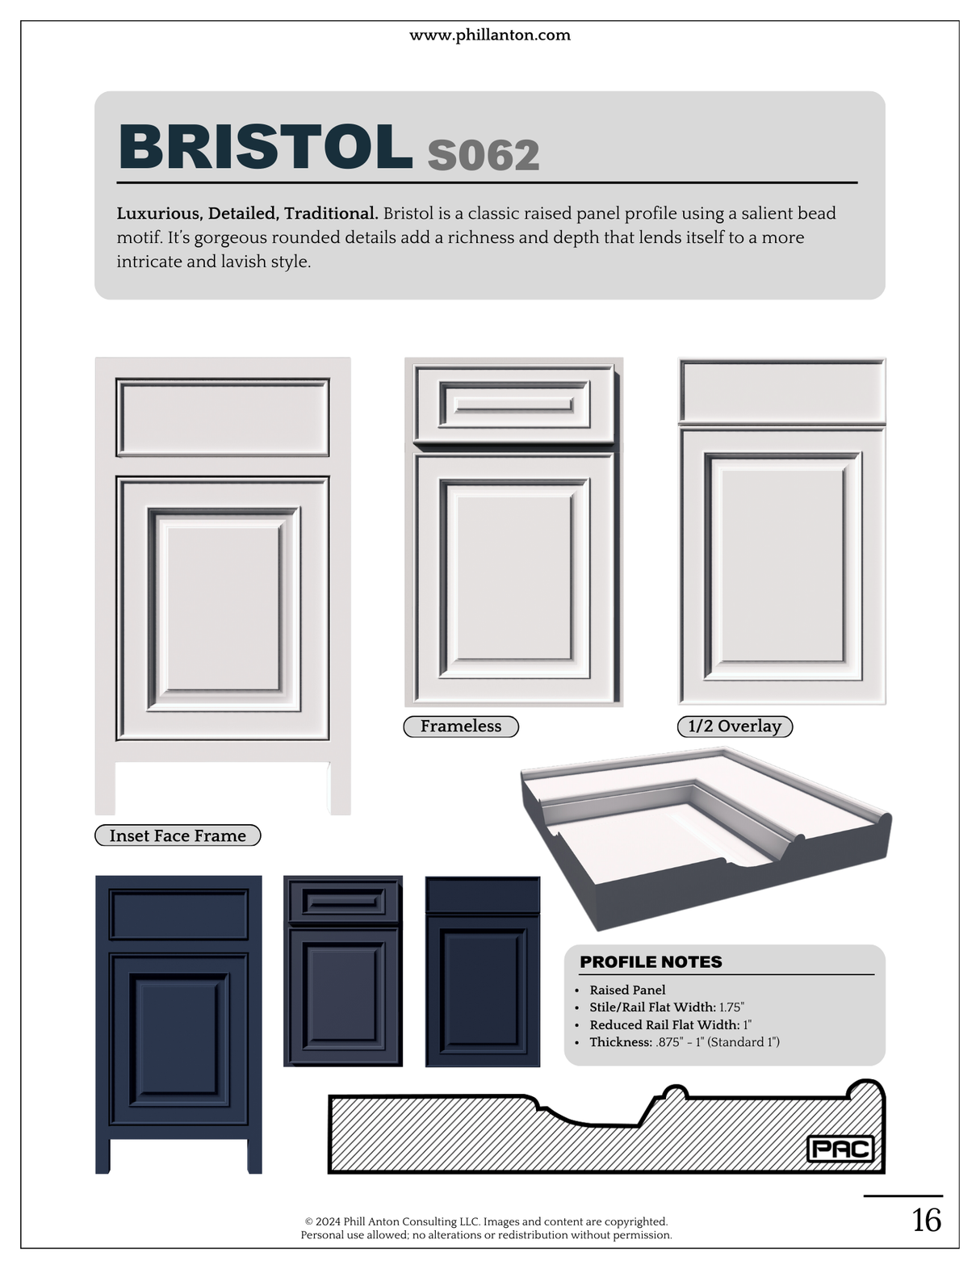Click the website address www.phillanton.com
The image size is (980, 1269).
pos(489,35)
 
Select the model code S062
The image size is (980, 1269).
pos(483,155)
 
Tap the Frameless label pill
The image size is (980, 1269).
pos(461,726)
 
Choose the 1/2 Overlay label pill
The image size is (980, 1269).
pos(735,726)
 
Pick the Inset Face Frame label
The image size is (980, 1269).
pos(178,835)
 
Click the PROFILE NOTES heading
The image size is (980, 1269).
pos(651,961)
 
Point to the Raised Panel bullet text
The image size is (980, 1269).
pos(627,990)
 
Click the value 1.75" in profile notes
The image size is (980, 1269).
pos(731,1007)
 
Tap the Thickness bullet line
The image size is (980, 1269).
pos(685,1042)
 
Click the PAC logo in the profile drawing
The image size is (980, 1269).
pos(840,1150)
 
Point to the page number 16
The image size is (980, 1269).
pos(926,1221)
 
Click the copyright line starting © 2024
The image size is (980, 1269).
pos(486,1221)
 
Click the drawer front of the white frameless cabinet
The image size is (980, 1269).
pos(514,404)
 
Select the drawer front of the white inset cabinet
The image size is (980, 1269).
pos(223,417)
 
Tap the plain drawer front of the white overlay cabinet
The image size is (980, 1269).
pos(781,390)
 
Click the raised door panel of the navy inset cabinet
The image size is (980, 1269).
pos(178,1040)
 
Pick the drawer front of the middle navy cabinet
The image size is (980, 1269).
pos(343,901)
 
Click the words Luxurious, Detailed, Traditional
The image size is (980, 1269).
pos(248,214)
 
